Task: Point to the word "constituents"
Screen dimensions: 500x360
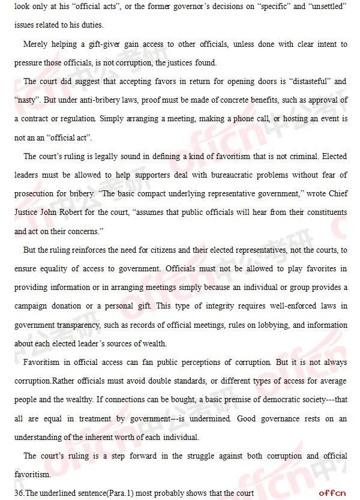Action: [x=323, y=212]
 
